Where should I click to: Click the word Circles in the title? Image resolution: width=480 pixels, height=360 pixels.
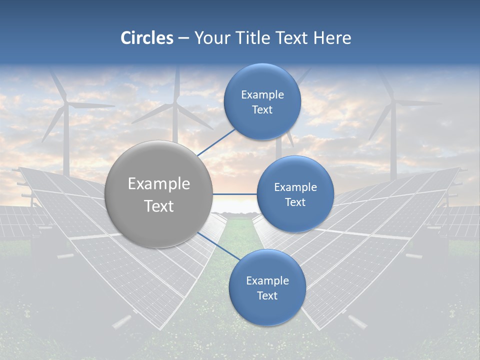[147, 38]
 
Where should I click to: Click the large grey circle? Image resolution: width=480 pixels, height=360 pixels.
[159, 194]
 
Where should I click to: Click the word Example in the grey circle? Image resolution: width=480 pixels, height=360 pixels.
[159, 184]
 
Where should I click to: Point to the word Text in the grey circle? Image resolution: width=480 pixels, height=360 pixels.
[159, 206]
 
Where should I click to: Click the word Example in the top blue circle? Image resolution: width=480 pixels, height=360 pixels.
[262, 95]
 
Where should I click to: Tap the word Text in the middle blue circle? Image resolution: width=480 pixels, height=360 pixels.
[295, 202]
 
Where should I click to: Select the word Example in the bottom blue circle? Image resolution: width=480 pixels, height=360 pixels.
[267, 281]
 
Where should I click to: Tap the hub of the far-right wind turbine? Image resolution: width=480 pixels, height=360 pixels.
[393, 103]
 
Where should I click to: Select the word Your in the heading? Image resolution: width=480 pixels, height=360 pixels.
[211, 38]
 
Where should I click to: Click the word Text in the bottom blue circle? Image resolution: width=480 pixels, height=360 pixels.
[267, 295]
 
